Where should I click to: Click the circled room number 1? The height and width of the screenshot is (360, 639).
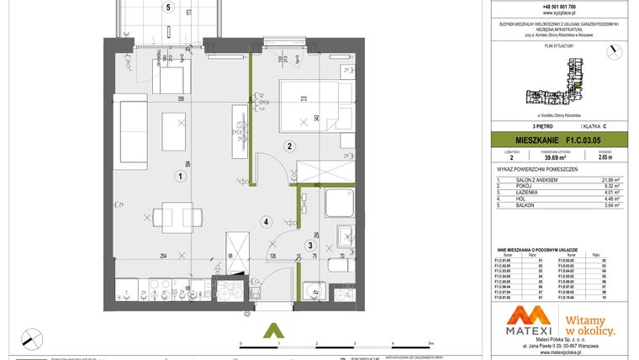point(179,177)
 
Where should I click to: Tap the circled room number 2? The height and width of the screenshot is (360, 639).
point(288,146)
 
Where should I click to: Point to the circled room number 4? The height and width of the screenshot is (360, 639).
point(265,222)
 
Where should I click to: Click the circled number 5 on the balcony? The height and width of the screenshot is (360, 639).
point(168,8)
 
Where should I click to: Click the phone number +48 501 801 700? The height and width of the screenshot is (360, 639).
point(561,7)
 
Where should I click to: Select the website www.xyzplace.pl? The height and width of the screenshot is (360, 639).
point(561,15)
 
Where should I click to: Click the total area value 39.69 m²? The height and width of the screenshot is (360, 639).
point(555,156)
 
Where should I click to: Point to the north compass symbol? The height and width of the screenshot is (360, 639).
point(31,336)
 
